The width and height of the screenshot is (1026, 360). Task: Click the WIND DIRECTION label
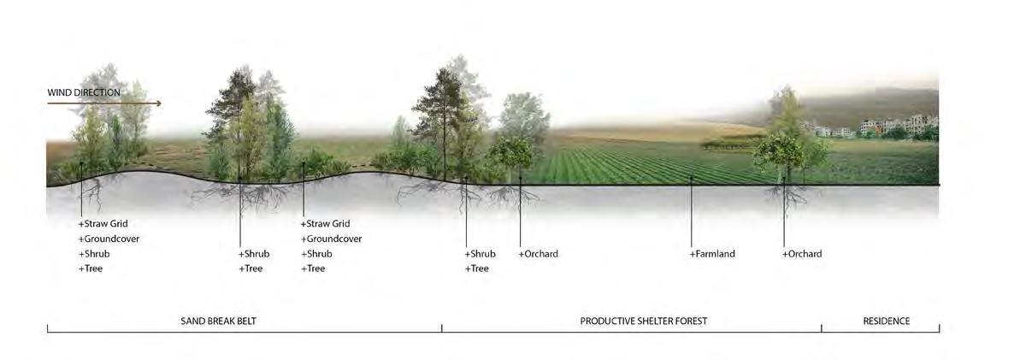84,92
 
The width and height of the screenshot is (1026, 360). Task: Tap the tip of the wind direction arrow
160,103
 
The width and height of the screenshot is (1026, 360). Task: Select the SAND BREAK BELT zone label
218,322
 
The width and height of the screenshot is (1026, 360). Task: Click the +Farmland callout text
712,254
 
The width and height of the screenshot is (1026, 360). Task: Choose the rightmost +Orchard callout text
802,254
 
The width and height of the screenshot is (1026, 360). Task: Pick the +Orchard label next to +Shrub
538,254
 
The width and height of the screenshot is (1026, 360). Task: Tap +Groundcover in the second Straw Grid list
331,239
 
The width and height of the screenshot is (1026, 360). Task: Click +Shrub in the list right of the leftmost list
254,254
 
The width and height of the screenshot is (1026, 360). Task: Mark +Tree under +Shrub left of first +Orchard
477,269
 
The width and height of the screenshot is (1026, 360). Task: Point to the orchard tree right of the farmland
779,151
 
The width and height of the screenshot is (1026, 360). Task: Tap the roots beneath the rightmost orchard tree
785,198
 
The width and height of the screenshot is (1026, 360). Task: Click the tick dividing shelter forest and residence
822,328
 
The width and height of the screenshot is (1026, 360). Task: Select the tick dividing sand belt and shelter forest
442,328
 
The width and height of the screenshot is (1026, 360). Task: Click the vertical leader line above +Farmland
692,214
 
